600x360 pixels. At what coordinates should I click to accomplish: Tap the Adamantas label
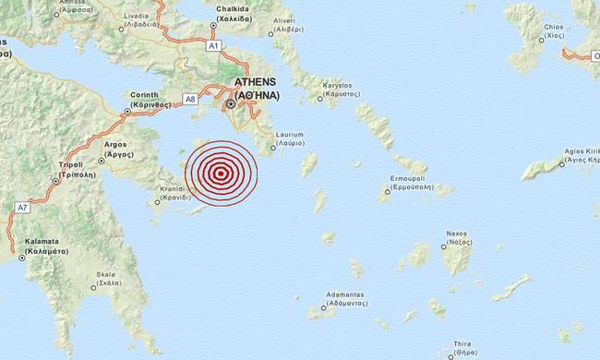coord(340,298)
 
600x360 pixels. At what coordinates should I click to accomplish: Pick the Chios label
coord(555,30)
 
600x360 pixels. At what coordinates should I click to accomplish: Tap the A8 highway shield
coord(189,98)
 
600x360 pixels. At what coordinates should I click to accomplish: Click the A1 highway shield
coord(214,44)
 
